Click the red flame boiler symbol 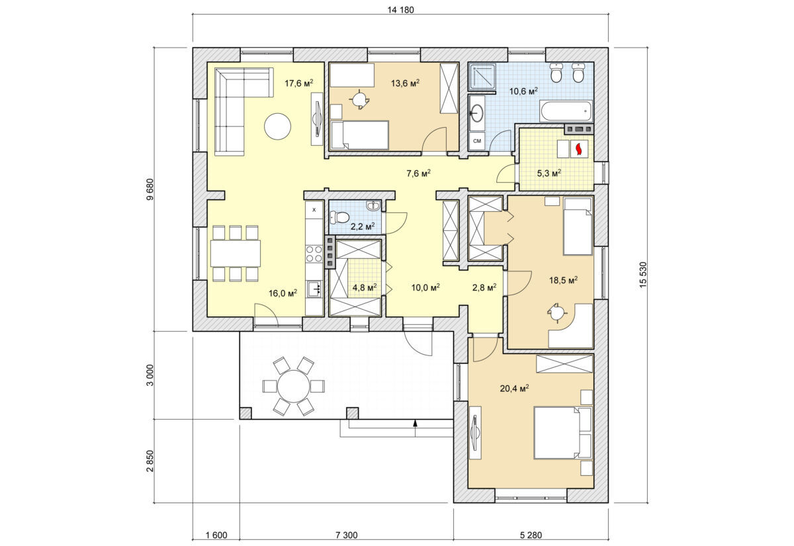579,149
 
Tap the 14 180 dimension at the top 400,10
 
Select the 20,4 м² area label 514,388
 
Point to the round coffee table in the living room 277,126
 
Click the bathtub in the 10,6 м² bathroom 566,111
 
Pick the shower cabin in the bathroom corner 482,77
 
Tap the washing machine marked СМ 477,141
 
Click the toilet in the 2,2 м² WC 339,216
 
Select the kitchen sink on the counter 314,289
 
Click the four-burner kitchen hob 314,254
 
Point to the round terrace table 294,386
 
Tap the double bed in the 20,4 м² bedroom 562,433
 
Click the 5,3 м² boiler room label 549,173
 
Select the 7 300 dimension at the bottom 346,535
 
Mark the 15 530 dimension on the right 643,275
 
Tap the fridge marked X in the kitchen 314,210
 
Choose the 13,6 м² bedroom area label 405,83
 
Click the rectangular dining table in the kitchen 236,253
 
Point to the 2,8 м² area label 484,287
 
